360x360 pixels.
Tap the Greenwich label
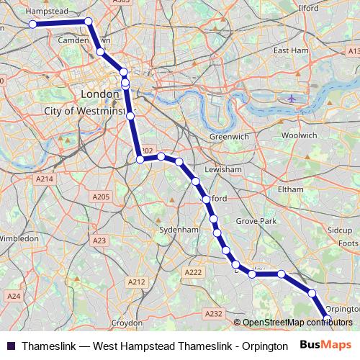[229, 136]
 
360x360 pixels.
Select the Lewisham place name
[223, 169]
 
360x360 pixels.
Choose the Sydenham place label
[178, 230]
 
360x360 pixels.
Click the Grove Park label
[257, 220]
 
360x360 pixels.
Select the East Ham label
[291, 51]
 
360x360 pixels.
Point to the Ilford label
[308, 8]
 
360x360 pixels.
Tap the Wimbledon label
[19, 238]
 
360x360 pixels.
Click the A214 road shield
[45, 179]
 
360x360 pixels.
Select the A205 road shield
[100, 197]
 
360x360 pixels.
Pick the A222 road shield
[193, 272]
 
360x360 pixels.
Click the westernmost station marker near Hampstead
[33, 24]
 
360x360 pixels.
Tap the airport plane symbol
[291, 98]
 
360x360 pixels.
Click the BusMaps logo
[325, 345]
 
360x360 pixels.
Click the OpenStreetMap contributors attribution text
[294, 323]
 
